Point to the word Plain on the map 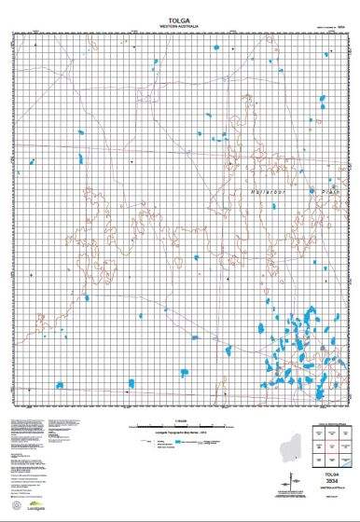click(333, 182)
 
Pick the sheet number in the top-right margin click(341, 29)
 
